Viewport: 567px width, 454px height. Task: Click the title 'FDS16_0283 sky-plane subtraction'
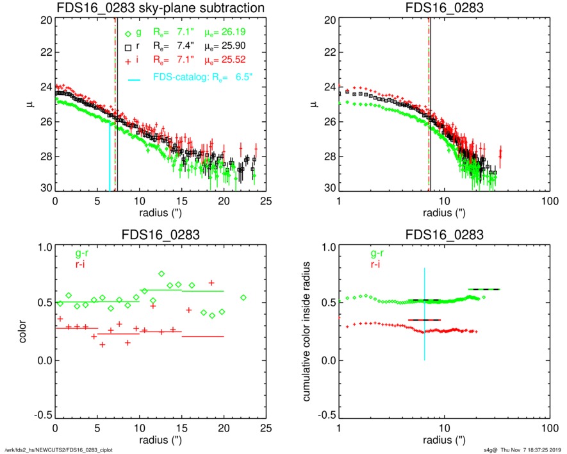pos(160,8)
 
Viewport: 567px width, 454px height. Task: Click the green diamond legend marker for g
pos(128,33)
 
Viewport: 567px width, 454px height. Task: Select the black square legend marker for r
pos(128,47)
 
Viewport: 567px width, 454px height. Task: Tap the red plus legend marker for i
pos(128,61)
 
